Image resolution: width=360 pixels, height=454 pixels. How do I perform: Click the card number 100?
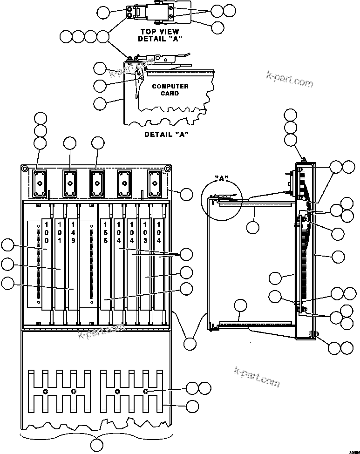[x=47, y=233]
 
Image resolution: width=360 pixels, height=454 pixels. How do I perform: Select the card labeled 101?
[x=60, y=233]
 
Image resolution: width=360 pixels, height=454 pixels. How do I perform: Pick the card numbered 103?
[x=145, y=233]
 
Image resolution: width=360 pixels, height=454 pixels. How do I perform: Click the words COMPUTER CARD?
[x=170, y=90]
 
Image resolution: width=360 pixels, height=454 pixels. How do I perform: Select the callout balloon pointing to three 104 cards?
[x=186, y=254]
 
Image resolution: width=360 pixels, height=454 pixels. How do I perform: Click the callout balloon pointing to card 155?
[x=186, y=289]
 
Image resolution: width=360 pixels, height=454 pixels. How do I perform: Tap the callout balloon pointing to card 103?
[x=186, y=272]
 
